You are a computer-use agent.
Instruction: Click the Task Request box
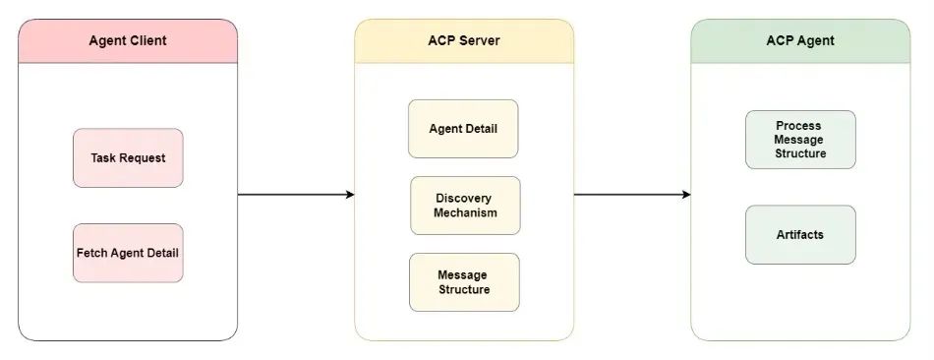click(x=128, y=157)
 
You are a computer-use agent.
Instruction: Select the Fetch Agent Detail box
click(x=128, y=253)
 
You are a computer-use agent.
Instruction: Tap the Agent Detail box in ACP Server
click(x=463, y=129)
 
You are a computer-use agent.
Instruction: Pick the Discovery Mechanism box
click(x=465, y=206)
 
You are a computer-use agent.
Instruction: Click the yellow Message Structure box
click(x=463, y=282)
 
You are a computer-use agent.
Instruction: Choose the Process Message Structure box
click(x=799, y=140)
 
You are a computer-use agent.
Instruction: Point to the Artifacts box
click(x=799, y=234)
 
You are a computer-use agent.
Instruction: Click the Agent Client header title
click(x=128, y=40)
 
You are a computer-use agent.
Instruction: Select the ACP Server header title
click(x=464, y=40)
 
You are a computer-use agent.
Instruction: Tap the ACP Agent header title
click(x=799, y=40)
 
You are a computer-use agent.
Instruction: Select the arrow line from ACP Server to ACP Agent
click(x=629, y=195)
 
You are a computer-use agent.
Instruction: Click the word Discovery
click(x=465, y=199)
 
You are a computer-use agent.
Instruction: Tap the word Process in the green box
click(x=798, y=126)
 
